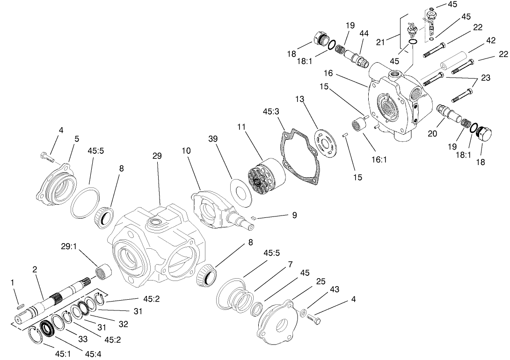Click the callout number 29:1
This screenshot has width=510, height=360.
coord(69,246)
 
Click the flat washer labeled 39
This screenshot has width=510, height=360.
coord(242,193)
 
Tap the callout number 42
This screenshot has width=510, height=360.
coord(490,41)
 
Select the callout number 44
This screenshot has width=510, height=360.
coord(364,33)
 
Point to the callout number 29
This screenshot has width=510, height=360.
coord(157,156)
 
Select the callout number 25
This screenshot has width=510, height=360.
coord(321,281)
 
